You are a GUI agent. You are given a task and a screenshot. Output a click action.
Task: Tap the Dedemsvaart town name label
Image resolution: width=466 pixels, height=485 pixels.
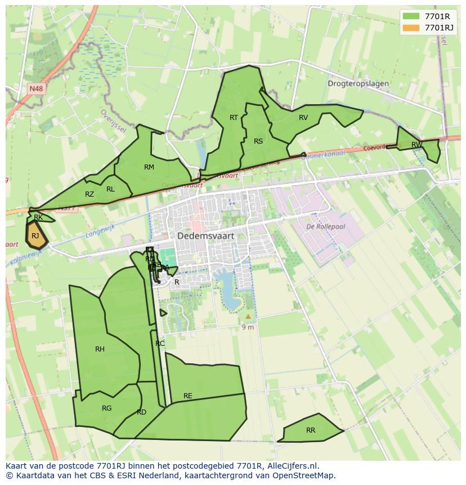pos(205,236)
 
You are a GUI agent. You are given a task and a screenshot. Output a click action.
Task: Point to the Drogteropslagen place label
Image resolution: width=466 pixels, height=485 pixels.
pos(358,83)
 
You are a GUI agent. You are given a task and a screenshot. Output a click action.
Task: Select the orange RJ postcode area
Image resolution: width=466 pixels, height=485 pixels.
pos(35,235)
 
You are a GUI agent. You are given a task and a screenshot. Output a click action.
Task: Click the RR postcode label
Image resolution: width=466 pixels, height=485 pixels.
pos(311,430)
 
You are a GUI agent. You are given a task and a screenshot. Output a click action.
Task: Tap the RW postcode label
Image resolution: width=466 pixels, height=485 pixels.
pos(416,145)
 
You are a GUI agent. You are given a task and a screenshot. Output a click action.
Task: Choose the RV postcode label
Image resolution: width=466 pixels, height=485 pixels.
pos(303,118)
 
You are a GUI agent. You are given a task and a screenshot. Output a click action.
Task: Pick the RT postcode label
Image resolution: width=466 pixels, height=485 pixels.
pos(234,117)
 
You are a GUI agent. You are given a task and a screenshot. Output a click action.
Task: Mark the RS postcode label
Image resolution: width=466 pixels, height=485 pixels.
pos(258,141)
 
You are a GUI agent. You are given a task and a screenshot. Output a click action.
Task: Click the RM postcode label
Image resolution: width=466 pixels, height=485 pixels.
pos(149,167)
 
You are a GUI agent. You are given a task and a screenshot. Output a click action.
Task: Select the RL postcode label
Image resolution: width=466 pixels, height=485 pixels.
pos(110,189)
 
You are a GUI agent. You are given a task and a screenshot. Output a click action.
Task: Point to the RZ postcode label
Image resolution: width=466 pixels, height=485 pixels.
pos(89,194)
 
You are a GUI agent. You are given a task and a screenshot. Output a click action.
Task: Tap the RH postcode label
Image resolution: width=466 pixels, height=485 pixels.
pos(100,349)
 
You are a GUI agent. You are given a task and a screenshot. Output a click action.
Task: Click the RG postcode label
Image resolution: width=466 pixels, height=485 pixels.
pos(107,408)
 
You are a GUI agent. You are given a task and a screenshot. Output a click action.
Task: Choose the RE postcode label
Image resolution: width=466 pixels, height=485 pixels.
pos(188,396)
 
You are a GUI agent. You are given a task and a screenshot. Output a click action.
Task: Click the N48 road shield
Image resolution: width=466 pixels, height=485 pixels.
pos(36,88)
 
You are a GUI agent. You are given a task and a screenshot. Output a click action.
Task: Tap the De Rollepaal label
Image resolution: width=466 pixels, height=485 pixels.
pos(326,226)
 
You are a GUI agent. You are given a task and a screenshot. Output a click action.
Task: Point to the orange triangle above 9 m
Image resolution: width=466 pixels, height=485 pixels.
pos(248,317)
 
